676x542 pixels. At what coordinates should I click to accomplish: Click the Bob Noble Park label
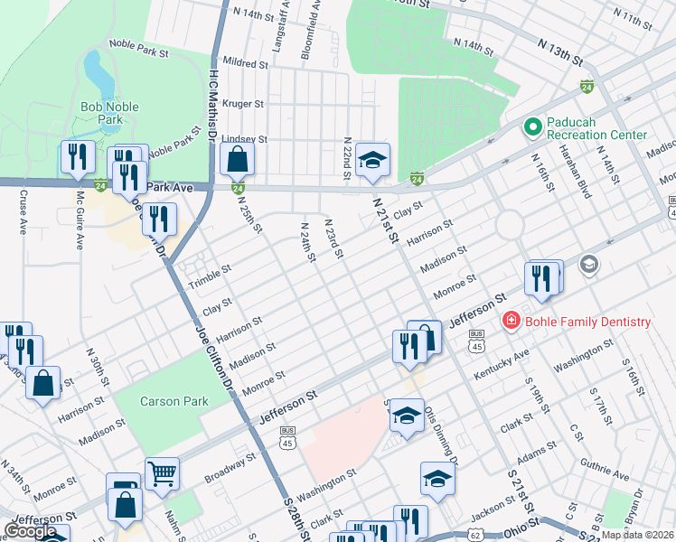pos(109,113)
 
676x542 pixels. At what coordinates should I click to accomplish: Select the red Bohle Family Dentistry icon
pos(511,322)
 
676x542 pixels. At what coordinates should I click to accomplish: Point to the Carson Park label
pos(174,401)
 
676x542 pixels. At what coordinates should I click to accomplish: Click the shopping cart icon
pos(162,471)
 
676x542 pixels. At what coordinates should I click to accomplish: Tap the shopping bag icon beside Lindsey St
pos(237,160)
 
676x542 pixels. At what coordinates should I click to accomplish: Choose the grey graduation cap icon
pos(589,264)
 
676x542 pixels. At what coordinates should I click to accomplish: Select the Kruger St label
pos(242,104)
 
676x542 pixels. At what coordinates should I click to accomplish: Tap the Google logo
pos(31,531)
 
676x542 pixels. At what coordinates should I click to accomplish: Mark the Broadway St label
pos(230,468)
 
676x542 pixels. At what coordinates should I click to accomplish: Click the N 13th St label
pos(559,51)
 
